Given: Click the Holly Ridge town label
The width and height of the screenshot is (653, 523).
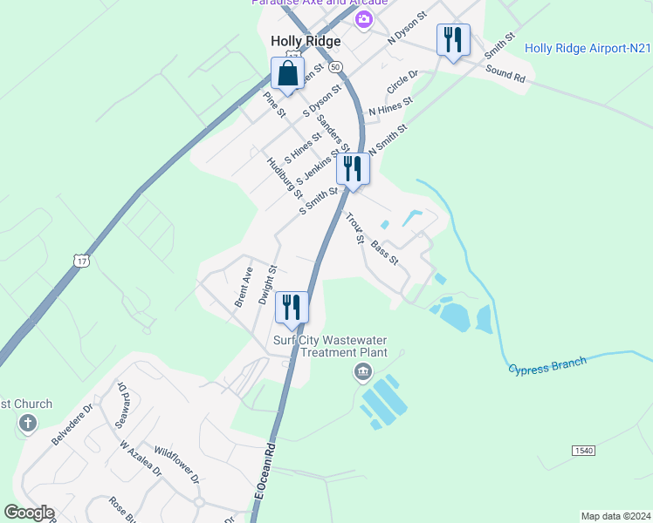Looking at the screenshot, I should point(305,41).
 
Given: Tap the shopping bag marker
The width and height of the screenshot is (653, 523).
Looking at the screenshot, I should point(287,75).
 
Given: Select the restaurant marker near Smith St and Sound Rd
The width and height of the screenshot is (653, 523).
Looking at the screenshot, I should point(452,41).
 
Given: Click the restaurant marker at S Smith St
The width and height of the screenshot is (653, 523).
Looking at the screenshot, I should point(353,168).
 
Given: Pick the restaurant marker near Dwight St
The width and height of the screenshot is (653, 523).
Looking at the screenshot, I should point(292,308).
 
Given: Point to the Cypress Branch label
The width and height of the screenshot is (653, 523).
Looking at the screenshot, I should point(547,367).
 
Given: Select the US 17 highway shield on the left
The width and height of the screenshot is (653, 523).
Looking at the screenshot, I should point(81,261).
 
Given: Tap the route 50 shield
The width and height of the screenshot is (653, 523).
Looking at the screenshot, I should point(336,66).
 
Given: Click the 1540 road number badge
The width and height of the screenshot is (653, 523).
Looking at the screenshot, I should point(584,450).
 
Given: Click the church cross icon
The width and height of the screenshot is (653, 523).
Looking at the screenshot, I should point(27,425).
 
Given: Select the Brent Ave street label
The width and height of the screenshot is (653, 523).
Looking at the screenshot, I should point(244,287).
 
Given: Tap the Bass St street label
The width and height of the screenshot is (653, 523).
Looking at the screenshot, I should point(384,255).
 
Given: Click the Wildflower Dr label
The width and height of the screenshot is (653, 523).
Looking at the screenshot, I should point(177,466).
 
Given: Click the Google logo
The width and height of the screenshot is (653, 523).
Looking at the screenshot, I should point(29,513).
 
